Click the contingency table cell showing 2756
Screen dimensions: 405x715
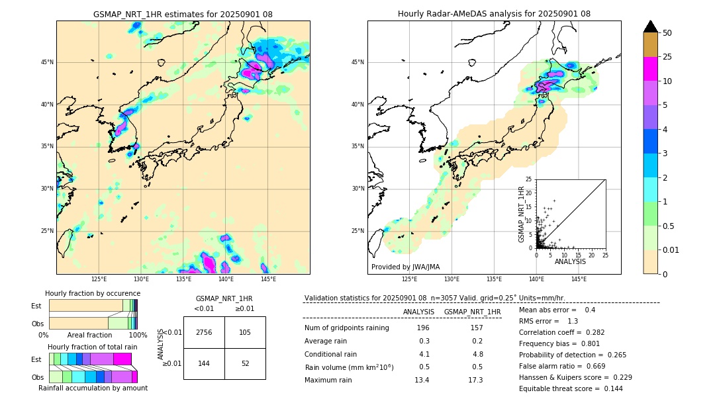pos(203,332)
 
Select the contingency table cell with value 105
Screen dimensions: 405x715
pos(245,332)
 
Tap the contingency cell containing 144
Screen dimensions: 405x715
pos(203,363)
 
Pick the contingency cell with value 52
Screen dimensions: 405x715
pos(245,363)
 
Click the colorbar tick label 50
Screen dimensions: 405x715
pos(667,33)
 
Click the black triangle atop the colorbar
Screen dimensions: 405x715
pos(651,26)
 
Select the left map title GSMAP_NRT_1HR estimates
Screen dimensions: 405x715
pos(183,14)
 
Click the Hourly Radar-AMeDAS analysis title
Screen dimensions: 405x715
pos(494,14)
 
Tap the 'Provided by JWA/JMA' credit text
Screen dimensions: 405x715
pos(405,267)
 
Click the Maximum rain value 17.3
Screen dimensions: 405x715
pos(475,380)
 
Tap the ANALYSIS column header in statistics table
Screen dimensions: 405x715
pos(418,312)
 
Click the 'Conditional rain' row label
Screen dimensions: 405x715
pos(330,354)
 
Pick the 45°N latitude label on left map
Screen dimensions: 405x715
pos(47,62)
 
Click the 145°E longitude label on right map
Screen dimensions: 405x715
pos(579,279)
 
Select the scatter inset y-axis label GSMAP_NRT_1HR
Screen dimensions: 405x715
pos(521,213)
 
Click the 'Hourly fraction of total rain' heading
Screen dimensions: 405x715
pos(93,347)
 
